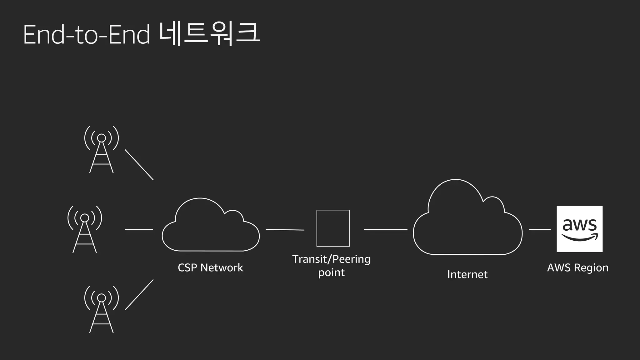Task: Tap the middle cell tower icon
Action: [x=85, y=229]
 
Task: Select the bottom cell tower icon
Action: [x=102, y=309]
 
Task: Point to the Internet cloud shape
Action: [x=467, y=219]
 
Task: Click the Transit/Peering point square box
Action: [x=333, y=228]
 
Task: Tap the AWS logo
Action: [x=580, y=229]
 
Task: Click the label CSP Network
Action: [x=210, y=268]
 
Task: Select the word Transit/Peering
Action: [x=331, y=259]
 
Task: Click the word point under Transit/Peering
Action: [x=331, y=273]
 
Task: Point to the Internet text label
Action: [x=467, y=274]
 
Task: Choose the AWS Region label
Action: [x=578, y=268]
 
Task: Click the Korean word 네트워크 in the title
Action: [x=209, y=34]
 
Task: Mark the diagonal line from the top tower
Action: [x=139, y=165]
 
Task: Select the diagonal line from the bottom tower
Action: [x=139, y=295]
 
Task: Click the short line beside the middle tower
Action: [x=139, y=229]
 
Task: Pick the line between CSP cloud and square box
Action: [x=285, y=230]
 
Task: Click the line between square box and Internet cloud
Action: [x=386, y=229]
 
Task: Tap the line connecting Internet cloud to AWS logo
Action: [x=540, y=229]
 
